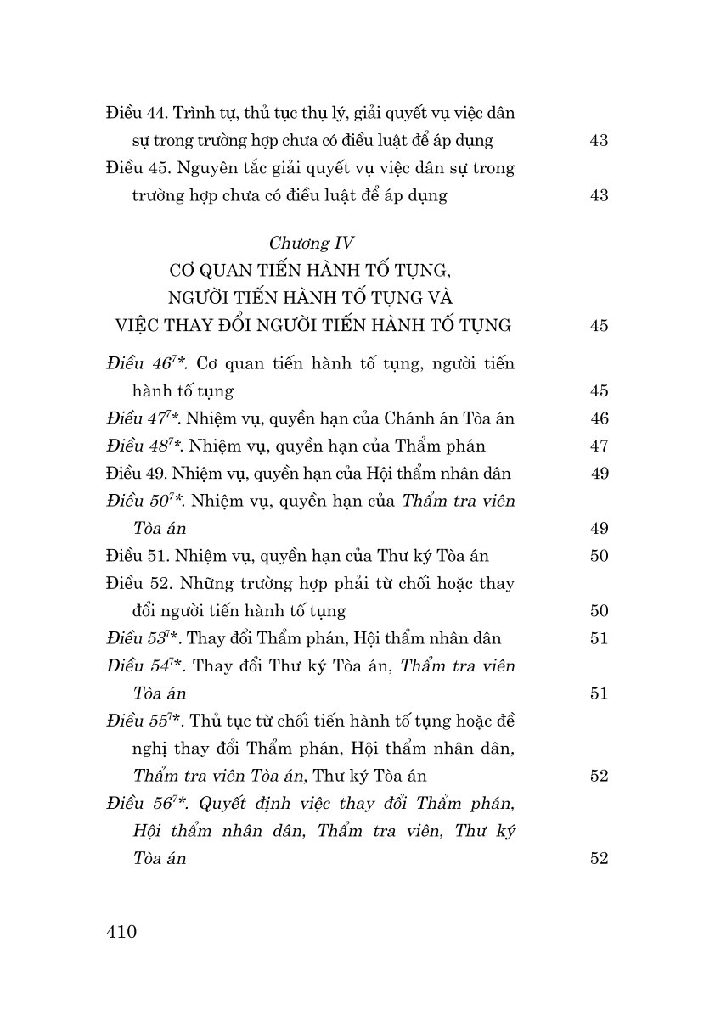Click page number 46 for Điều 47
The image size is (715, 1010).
[599, 418]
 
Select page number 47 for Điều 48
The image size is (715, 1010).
[599, 446]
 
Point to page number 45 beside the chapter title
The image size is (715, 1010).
[599, 326]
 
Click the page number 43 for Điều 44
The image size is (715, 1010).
[599, 141]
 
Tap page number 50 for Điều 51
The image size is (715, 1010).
[599, 556]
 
